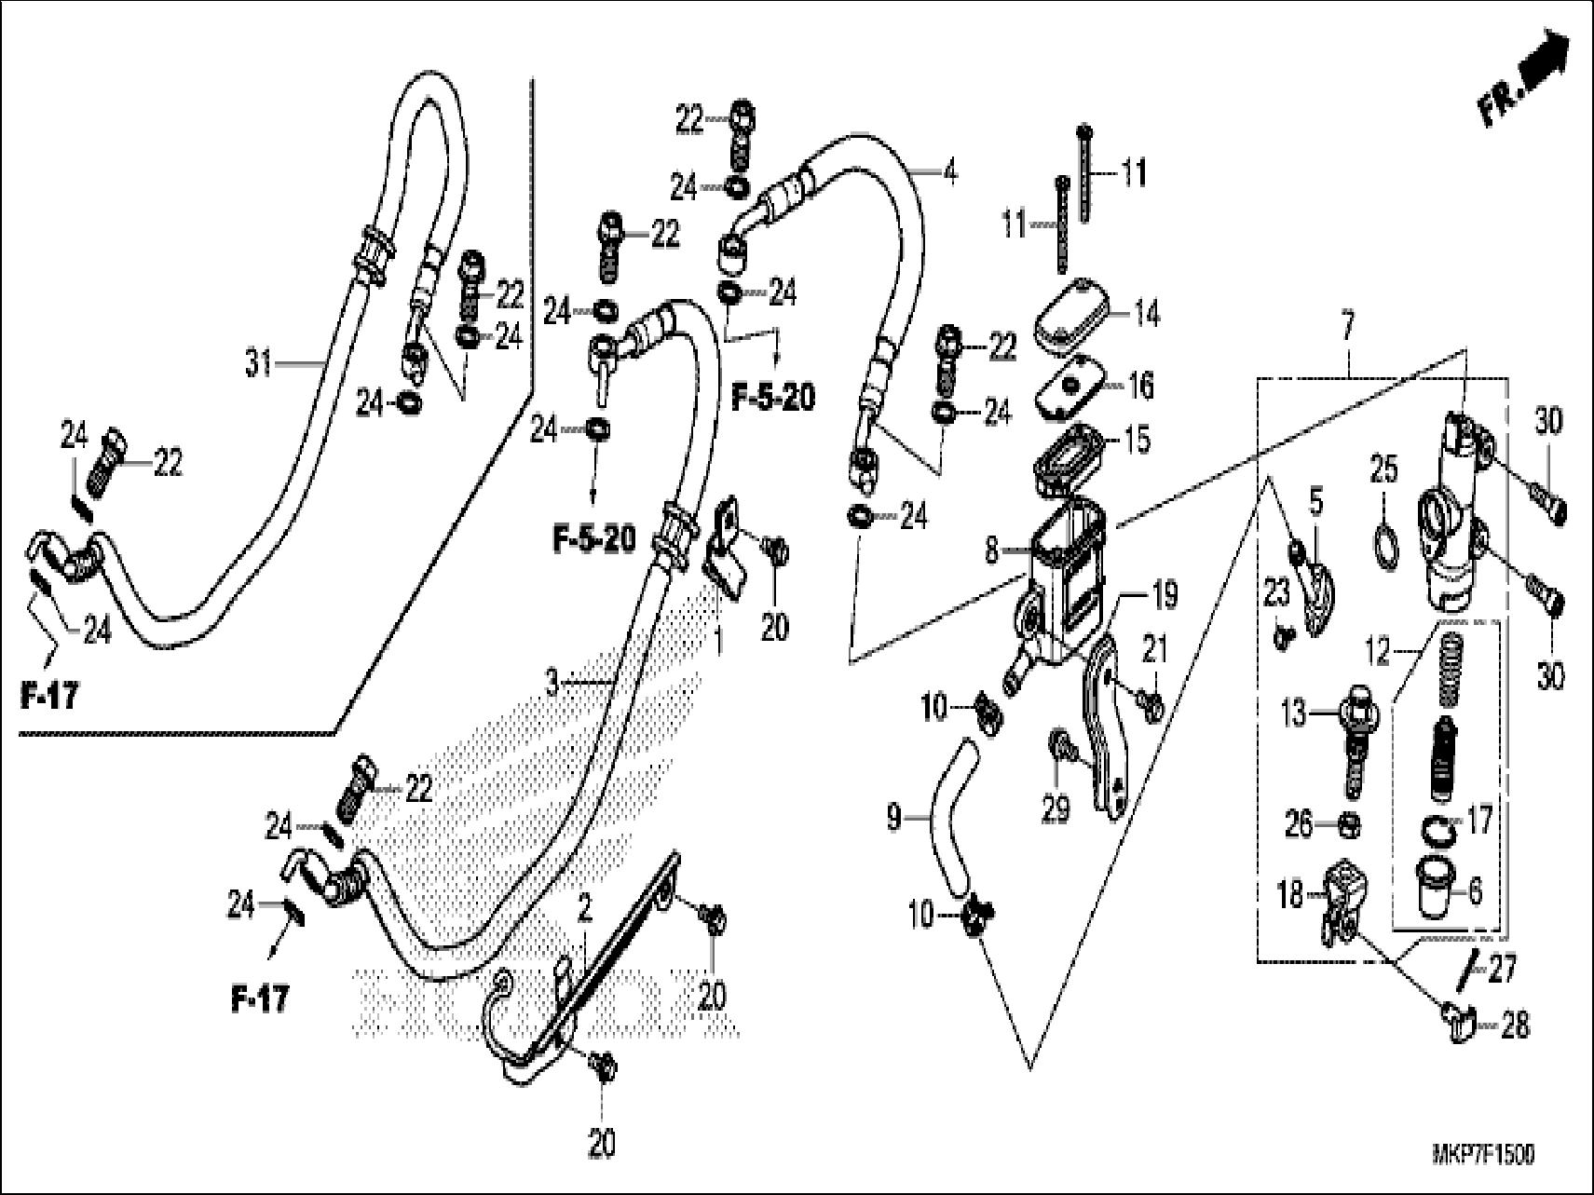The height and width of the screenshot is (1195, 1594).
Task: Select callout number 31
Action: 260,361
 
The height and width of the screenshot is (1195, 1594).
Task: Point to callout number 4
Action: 949,173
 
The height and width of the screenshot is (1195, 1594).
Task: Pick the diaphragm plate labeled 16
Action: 1069,385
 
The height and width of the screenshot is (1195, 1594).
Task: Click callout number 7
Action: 1348,328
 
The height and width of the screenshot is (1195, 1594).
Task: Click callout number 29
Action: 1055,810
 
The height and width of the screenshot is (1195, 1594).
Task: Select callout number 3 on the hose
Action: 552,685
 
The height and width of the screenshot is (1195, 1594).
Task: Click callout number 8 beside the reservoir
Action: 992,550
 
